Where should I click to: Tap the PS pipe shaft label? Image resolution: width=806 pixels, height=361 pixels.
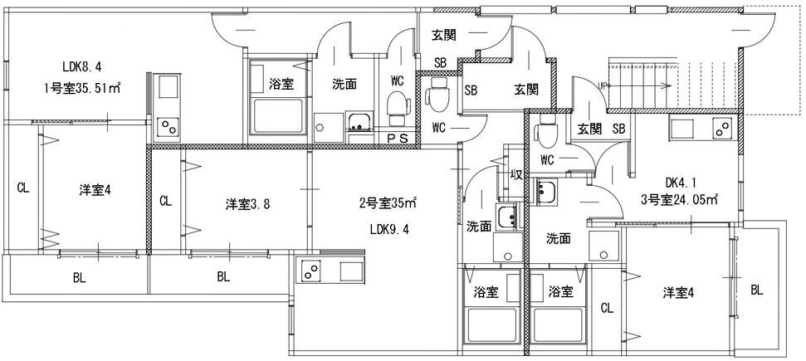point(398,139)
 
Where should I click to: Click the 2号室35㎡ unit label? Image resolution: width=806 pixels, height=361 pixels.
point(387,202)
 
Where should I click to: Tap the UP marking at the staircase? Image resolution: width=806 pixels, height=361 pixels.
point(604,84)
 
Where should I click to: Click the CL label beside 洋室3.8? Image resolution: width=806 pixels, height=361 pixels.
point(165,201)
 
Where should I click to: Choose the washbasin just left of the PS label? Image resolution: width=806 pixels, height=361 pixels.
point(359,124)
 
